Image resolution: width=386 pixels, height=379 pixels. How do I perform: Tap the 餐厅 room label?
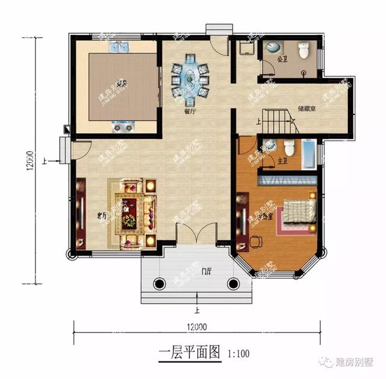(189, 110)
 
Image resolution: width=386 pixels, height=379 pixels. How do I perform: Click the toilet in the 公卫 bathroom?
(303, 52)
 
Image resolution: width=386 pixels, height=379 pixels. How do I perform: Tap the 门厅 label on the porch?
(206, 272)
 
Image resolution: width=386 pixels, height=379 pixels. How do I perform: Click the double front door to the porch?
(196, 234)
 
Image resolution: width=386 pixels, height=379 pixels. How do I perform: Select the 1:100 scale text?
(238, 354)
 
